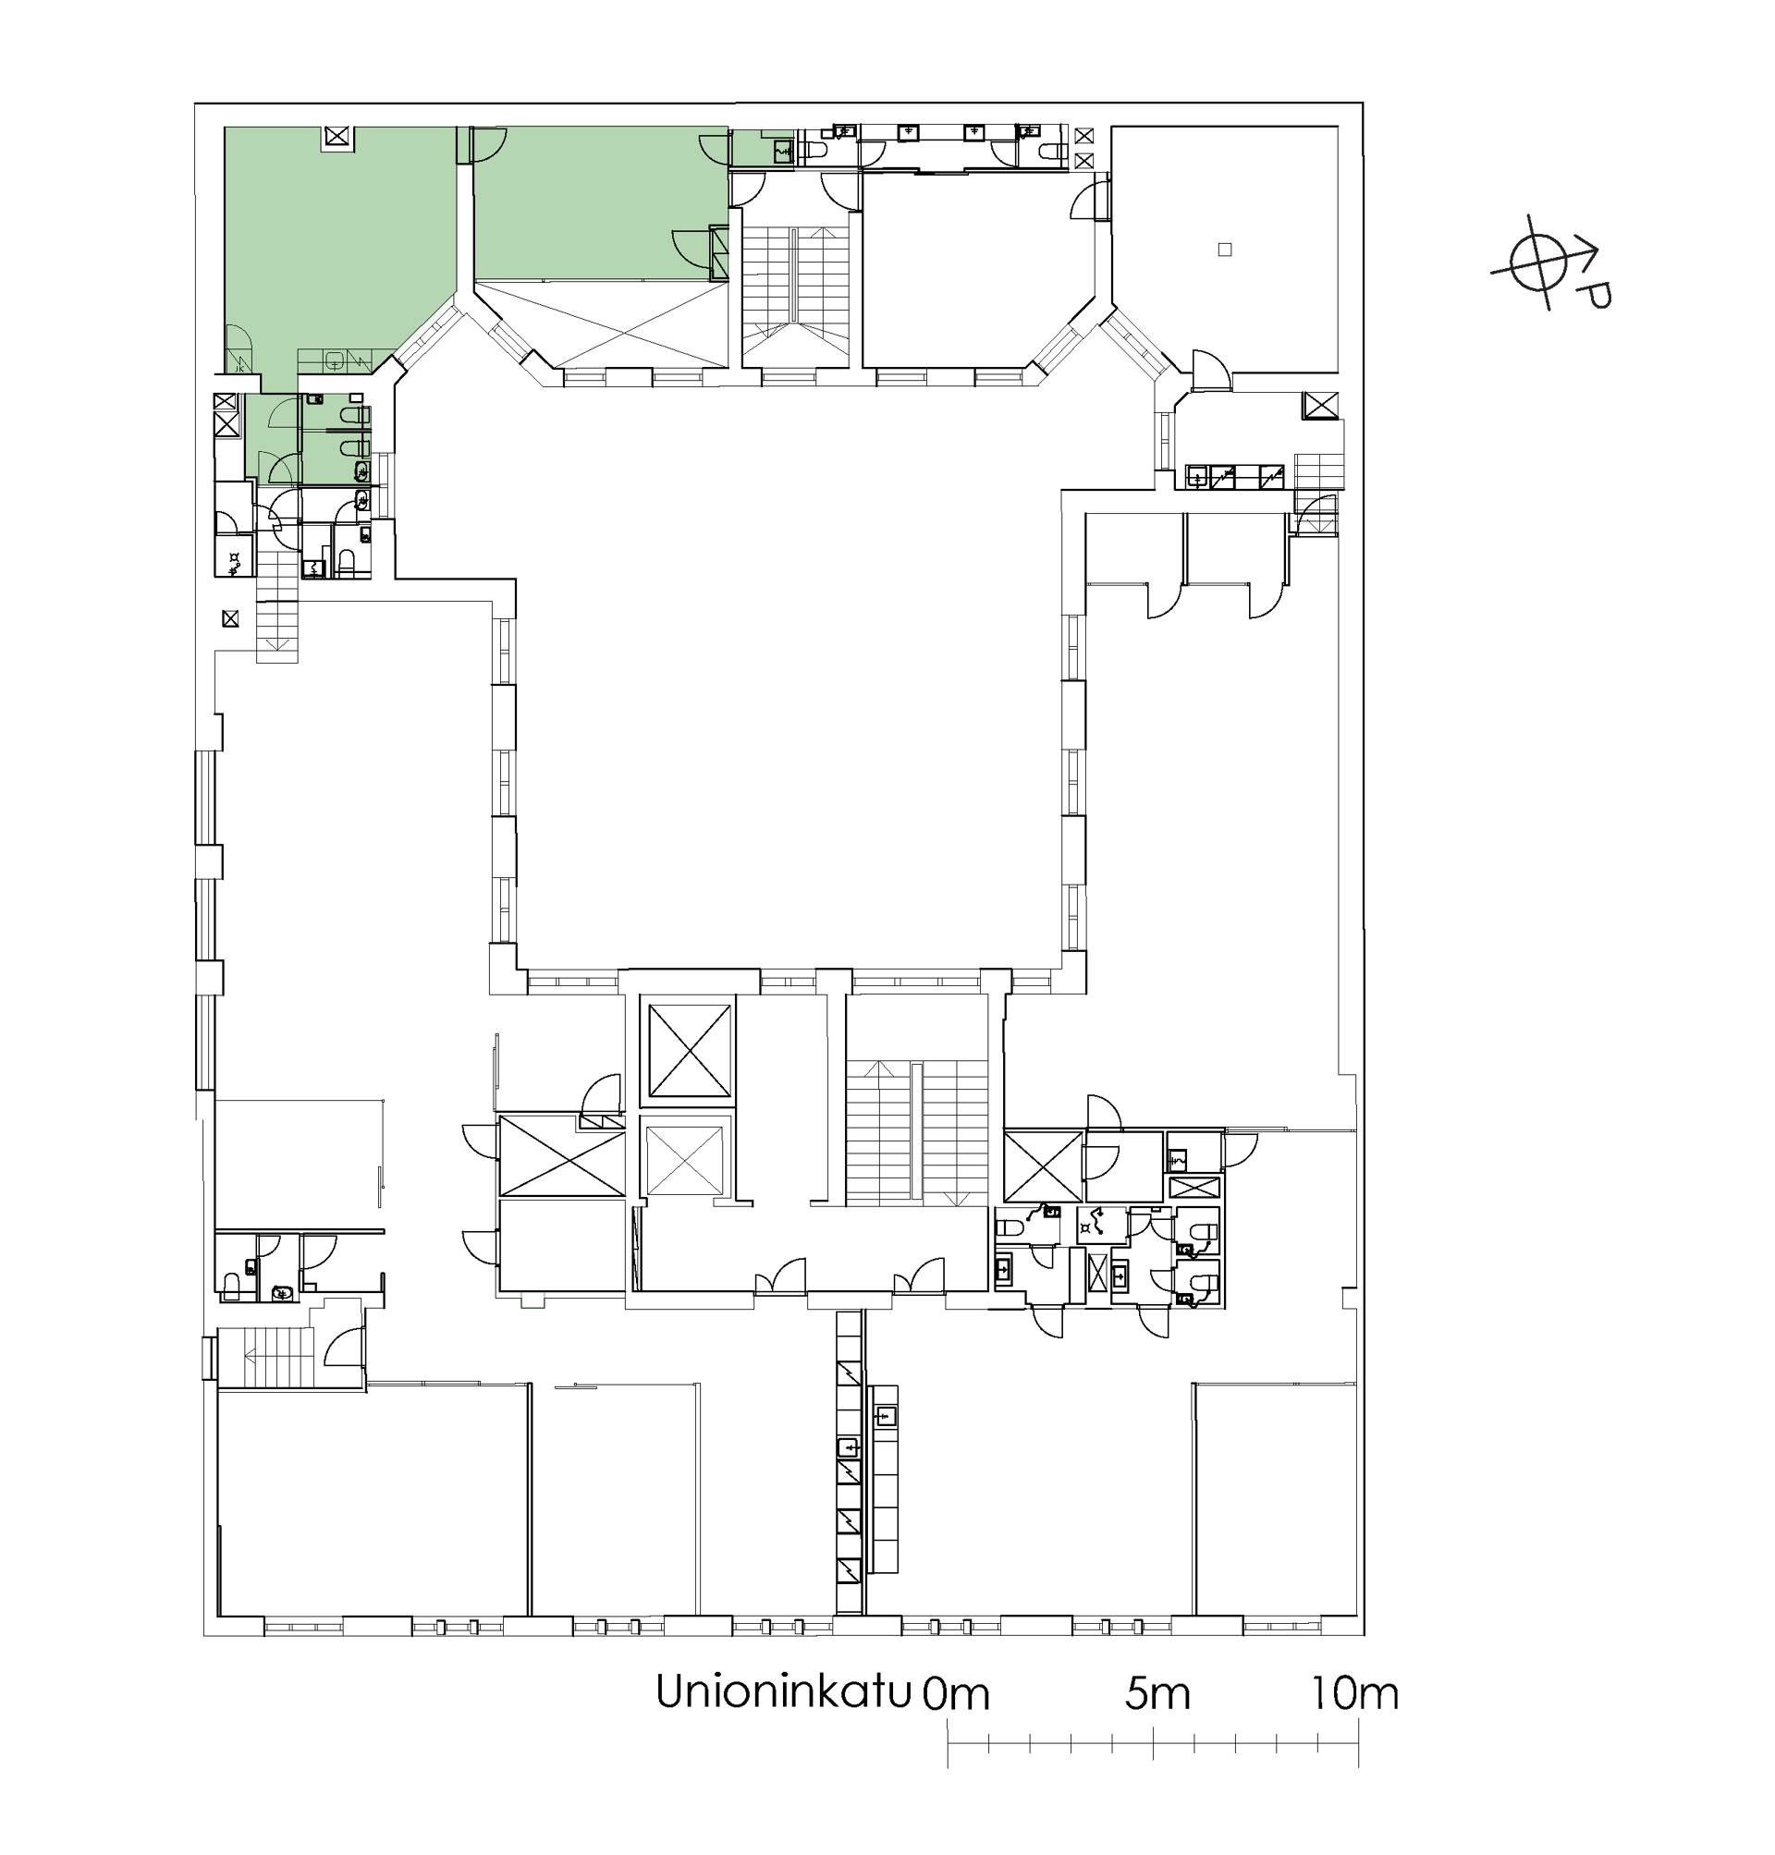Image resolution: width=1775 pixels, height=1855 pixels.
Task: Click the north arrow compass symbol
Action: click(x=1536, y=264)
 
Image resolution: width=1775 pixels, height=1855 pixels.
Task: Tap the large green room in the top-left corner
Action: click(x=331, y=246)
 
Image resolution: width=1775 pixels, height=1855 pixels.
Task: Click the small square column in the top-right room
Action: click(x=1224, y=250)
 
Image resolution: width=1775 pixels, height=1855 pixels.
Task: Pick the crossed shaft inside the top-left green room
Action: click(x=337, y=137)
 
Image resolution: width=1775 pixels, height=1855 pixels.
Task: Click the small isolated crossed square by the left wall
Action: click(x=230, y=619)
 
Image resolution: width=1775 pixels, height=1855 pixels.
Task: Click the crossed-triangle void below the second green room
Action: click(x=601, y=323)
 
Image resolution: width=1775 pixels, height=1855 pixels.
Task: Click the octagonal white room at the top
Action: click(x=979, y=270)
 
